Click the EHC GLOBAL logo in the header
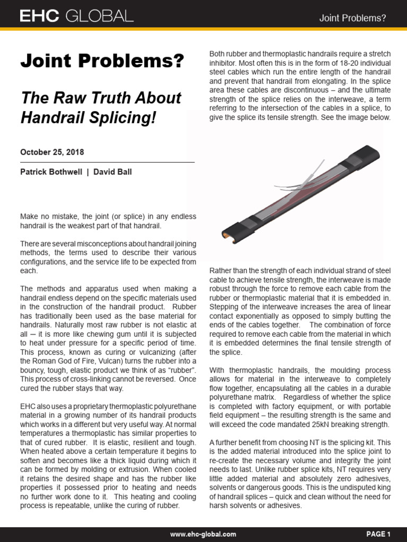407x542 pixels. (76, 17)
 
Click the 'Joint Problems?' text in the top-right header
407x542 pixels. (352, 18)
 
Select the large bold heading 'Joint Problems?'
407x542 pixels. (102, 61)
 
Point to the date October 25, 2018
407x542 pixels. (52, 152)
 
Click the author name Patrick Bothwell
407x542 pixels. (50, 173)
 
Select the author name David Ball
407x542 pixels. (113, 173)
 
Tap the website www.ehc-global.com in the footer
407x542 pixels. (203, 534)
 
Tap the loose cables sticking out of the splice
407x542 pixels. (297, 180)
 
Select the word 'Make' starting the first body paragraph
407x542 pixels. (29, 216)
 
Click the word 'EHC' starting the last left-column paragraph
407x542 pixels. (29, 406)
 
